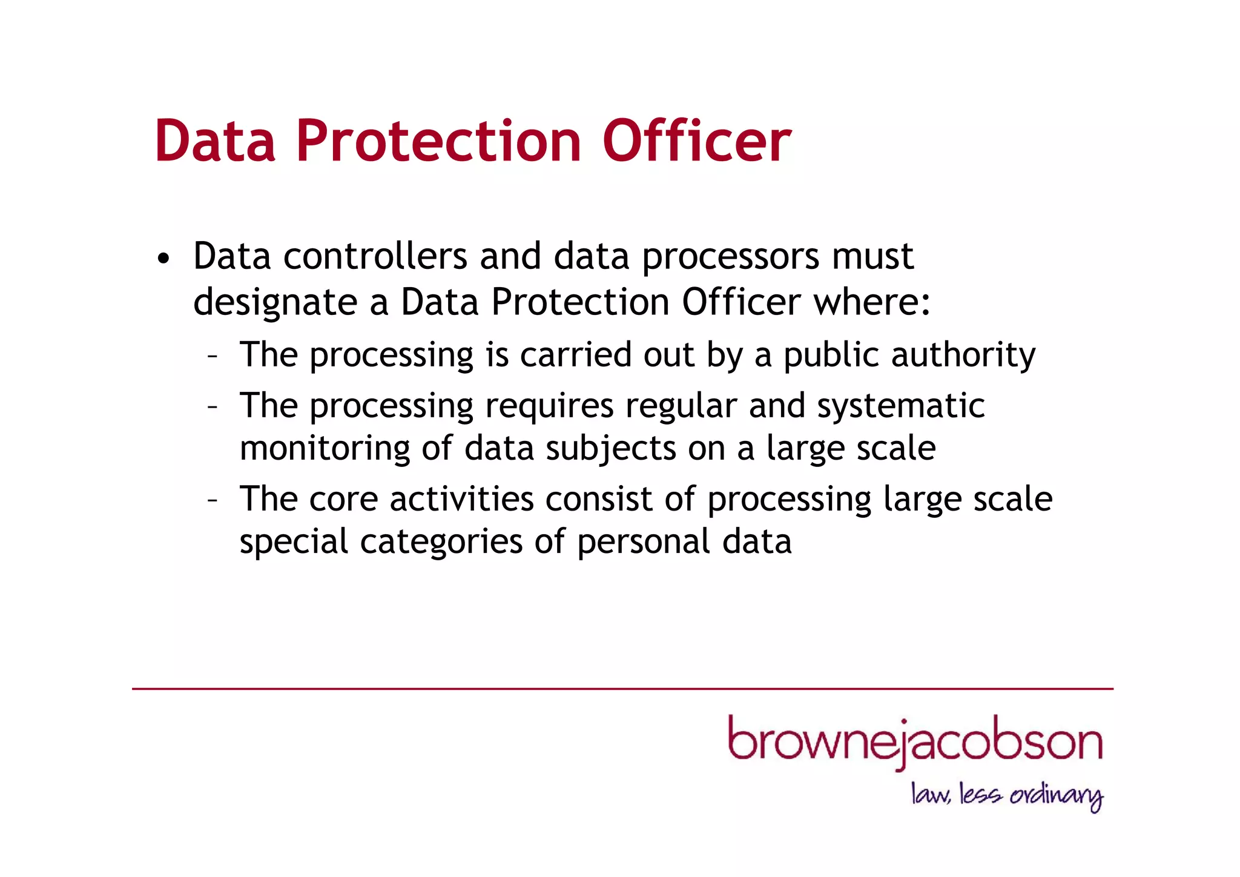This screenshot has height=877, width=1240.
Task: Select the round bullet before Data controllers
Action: [162, 259]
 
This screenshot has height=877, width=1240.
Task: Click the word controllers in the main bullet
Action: [375, 256]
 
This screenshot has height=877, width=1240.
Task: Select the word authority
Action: [963, 356]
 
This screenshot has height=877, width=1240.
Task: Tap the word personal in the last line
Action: [644, 542]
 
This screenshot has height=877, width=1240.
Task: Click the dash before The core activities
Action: [212, 500]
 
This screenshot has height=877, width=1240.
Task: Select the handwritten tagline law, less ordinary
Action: [1007, 795]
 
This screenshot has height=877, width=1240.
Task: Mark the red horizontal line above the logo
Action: [622, 689]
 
